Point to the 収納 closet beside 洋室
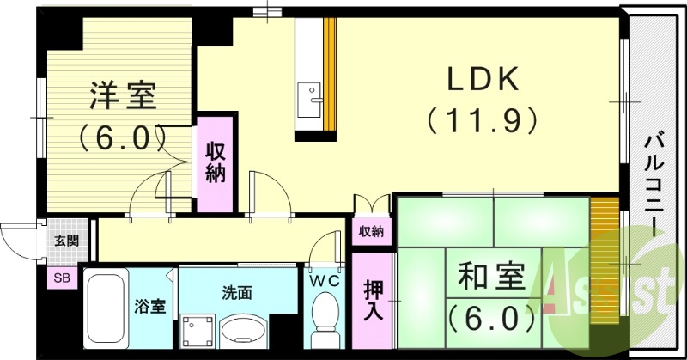[x=216, y=163]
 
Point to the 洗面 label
[x=239, y=292]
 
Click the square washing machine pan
[x=195, y=328]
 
